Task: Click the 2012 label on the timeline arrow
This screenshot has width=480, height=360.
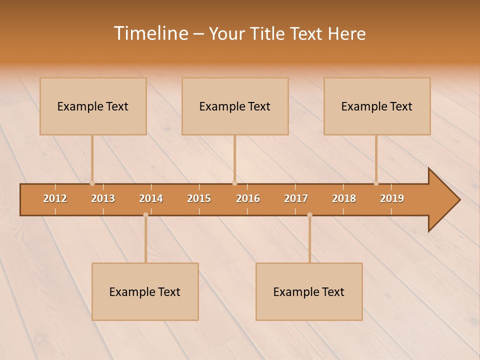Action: [x=55, y=198]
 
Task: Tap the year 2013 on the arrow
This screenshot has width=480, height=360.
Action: [x=103, y=198]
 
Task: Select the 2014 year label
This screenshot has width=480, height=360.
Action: [x=151, y=198]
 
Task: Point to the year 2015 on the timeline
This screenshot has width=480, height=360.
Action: [x=199, y=198]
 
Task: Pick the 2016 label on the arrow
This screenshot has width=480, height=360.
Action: [x=248, y=198]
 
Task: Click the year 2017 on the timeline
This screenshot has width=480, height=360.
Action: [x=296, y=198]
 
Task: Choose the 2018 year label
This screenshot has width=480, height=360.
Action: [x=344, y=198]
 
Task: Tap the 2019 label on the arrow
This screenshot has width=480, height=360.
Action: [x=392, y=198]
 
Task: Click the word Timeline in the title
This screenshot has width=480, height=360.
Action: [x=150, y=33]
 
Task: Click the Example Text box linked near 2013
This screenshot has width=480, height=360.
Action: [x=93, y=106]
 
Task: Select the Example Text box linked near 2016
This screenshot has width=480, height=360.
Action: [x=235, y=106]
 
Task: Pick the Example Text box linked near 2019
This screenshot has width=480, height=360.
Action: [x=377, y=106]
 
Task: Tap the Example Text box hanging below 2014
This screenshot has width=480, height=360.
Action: [x=145, y=291]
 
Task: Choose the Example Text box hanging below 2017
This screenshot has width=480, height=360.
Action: [x=309, y=291]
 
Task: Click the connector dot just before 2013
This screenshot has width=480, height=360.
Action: [x=92, y=183]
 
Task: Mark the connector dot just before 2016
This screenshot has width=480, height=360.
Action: [x=234, y=183]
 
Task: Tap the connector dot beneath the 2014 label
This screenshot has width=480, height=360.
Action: [x=145, y=214]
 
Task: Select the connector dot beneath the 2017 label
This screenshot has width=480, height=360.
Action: [x=309, y=214]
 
